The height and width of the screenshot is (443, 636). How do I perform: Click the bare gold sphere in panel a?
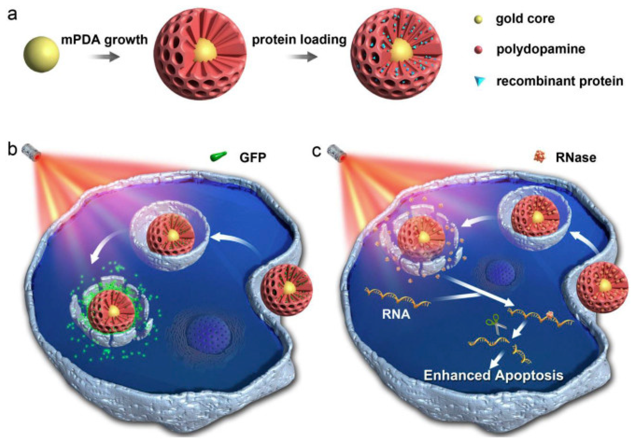pos(42,54)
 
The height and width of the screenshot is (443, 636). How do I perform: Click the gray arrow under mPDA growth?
pos(105,57)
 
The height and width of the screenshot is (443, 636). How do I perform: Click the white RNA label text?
pos(396,315)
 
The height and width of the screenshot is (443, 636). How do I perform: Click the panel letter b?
pos(12,150)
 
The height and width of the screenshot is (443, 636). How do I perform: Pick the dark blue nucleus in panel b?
pos(208,334)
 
